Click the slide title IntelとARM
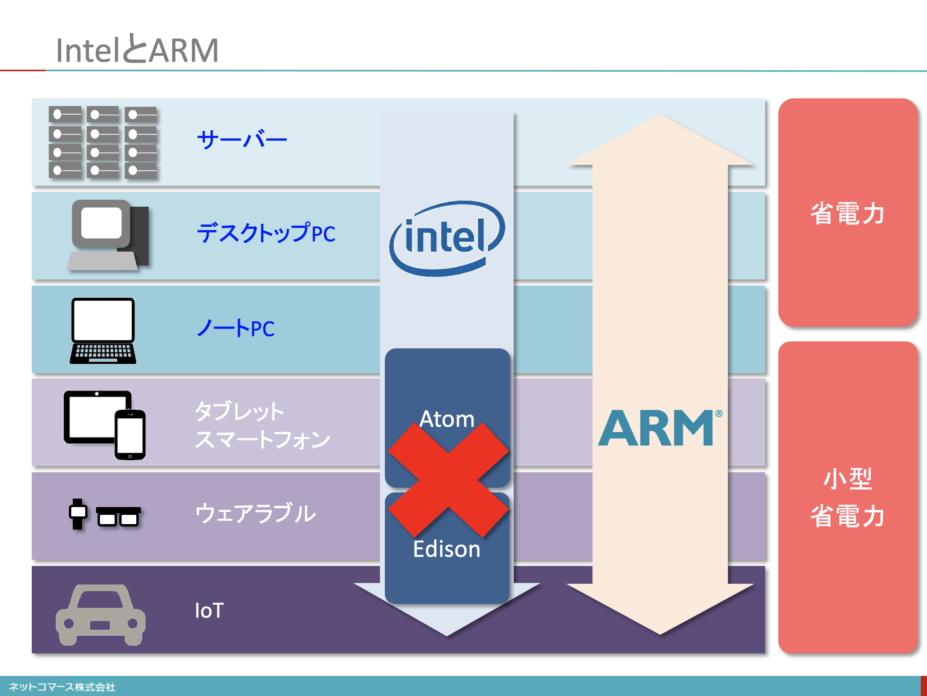click(x=137, y=50)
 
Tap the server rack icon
click(x=103, y=142)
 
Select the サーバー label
click(x=242, y=139)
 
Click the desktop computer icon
click(x=108, y=235)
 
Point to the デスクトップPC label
click(x=266, y=233)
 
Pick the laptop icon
click(x=103, y=331)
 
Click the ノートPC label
click(x=236, y=328)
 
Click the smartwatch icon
click(x=78, y=514)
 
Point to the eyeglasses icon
click(x=118, y=516)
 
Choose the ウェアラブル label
click(x=256, y=513)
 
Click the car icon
click(x=101, y=615)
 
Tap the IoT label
click(x=209, y=610)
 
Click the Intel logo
click(x=447, y=238)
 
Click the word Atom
click(x=447, y=419)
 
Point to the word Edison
click(x=447, y=549)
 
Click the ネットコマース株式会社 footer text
click(x=62, y=687)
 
